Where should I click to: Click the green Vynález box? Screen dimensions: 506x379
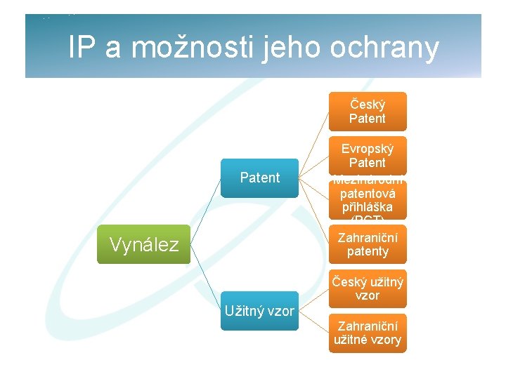143,244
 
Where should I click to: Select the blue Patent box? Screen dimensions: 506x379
259,178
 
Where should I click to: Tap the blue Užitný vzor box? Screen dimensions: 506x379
259,310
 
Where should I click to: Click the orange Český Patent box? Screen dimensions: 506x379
368,111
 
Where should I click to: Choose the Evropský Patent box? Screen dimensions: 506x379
368,155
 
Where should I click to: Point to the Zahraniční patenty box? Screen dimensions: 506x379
368,244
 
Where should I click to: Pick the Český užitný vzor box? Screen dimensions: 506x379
368,288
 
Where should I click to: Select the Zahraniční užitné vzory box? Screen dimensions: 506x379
368,333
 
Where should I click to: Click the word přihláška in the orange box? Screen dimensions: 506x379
368,208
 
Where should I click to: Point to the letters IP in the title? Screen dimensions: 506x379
83,48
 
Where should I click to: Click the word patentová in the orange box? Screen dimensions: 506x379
368,193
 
